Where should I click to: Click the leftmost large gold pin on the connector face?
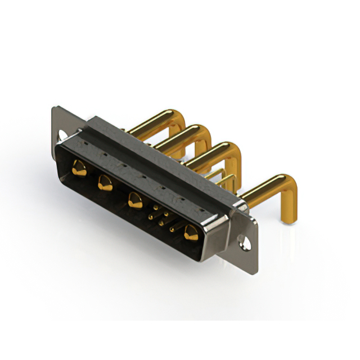point(79,168)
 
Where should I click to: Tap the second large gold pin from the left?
point(104,182)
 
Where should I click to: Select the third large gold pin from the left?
point(134,200)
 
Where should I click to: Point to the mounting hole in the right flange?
point(245,244)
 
